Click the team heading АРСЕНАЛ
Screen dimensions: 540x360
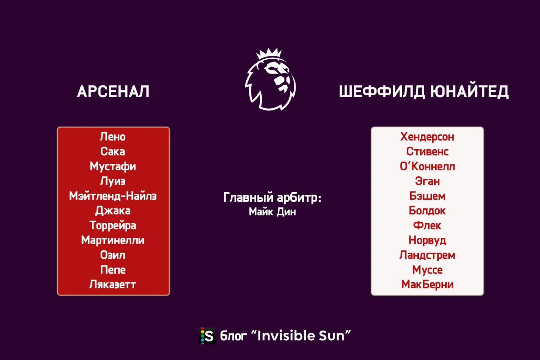113,92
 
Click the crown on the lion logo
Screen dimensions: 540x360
269,53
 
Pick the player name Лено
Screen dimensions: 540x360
113,137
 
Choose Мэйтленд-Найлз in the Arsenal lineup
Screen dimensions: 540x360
113,196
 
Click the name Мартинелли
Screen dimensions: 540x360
113,240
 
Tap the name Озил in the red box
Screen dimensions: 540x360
113,255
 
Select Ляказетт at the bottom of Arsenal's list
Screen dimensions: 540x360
113,285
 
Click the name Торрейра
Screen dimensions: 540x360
113,225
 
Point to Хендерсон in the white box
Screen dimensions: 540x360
427,137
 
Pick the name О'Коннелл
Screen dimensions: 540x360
427,166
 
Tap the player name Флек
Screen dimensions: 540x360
427,225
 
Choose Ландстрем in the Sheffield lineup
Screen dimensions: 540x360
427,255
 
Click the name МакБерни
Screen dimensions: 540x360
427,285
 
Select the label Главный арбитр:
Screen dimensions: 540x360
272,198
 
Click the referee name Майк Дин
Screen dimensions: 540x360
272,212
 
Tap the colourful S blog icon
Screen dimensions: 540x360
207,336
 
